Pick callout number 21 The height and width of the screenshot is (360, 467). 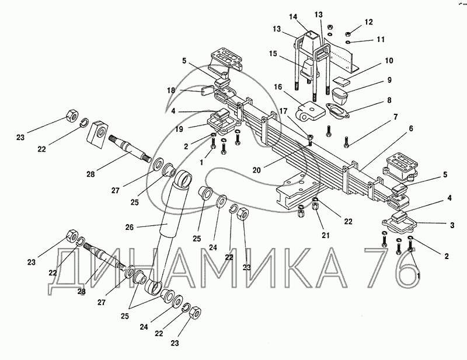(326, 236)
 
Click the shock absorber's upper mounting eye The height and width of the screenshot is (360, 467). (184, 178)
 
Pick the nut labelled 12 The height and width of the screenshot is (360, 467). (349, 32)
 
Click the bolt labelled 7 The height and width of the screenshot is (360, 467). (347, 139)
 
